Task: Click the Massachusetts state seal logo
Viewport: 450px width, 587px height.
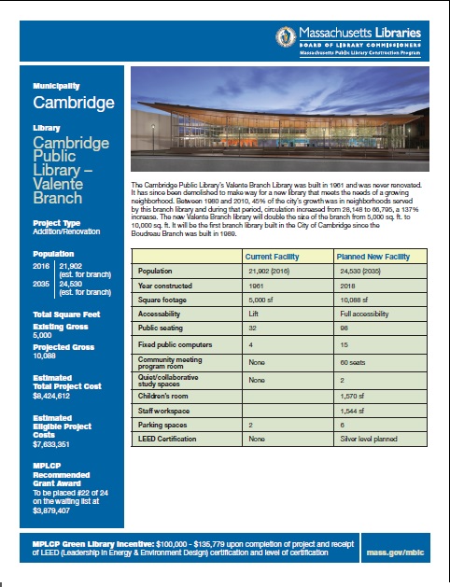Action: pyautogui.click(x=287, y=38)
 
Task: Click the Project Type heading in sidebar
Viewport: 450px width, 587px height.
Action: pyautogui.click(x=56, y=225)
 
